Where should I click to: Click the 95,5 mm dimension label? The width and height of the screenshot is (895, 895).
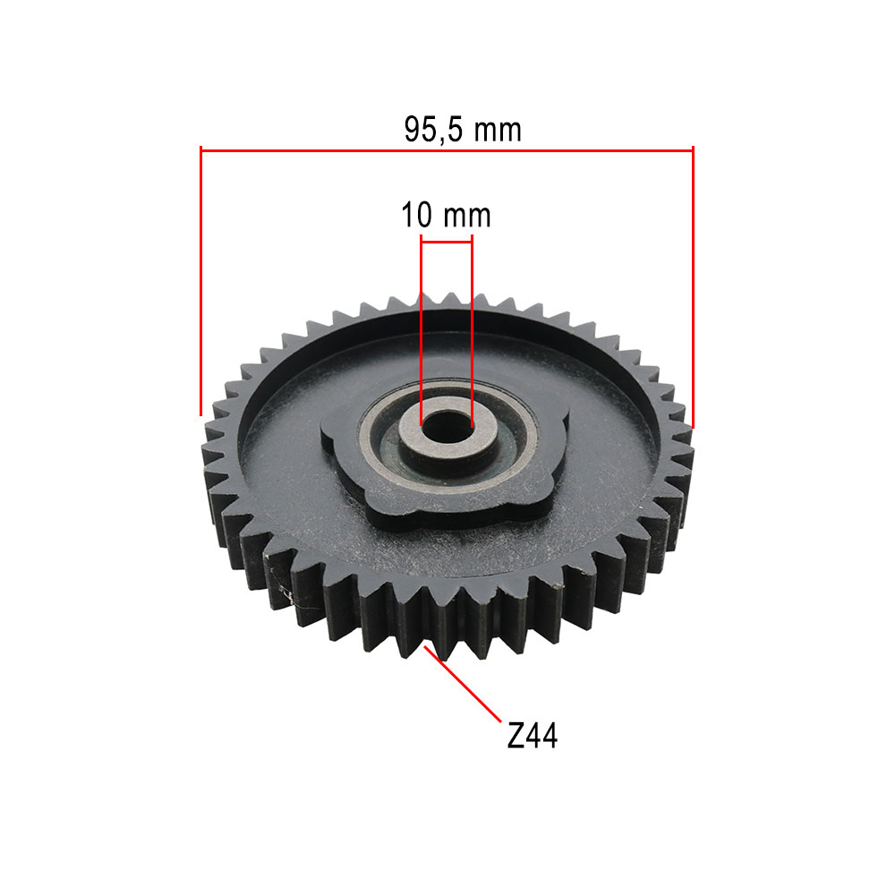[x=463, y=130]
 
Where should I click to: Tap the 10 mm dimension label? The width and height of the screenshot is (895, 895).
[x=446, y=215]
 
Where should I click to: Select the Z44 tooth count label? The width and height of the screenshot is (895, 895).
[x=532, y=735]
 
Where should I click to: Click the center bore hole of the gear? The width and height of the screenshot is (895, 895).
[x=447, y=428]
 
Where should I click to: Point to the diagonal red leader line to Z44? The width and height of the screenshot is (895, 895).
[x=463, y=684]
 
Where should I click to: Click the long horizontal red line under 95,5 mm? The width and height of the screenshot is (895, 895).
[x=447, y=150]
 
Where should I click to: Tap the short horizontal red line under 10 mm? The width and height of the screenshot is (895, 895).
[x=447, y=242]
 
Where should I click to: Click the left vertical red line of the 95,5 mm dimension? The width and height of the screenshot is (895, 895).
[x=200, y=281]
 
